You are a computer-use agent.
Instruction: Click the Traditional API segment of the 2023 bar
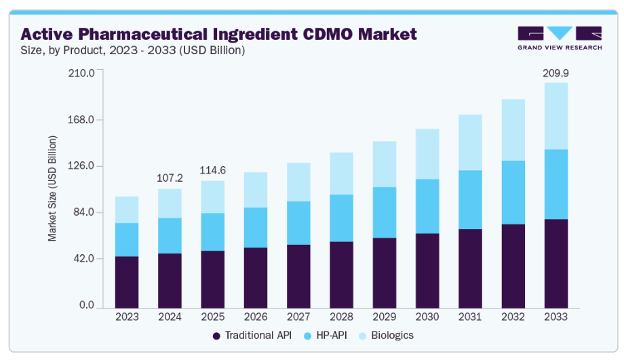[x=127, y=282]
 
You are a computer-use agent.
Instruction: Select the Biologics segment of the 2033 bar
[x=555, y=116]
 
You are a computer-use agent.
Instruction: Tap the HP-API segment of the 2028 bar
[x=341, y=218]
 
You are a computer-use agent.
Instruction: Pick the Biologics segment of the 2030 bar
[x=427, y=154]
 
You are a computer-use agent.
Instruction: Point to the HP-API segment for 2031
[x=470, y=199]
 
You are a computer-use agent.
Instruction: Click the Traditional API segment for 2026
[x=255, y=278]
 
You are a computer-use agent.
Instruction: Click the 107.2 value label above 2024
[x=170, y=178]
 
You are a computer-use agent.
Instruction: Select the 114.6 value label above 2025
[x=212, y=170]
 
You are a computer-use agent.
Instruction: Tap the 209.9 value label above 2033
[x=555, y=72]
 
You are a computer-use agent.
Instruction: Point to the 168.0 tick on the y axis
[x=81, y=120]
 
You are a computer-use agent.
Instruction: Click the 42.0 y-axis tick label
[x=83, y=259]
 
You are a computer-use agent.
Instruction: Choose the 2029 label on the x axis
[x=384, y=317]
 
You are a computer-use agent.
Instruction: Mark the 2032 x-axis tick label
[x=513, y=317]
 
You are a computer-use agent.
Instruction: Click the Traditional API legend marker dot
[x=217, y=336]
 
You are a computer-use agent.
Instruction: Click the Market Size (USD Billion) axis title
[x=52, y=188]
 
